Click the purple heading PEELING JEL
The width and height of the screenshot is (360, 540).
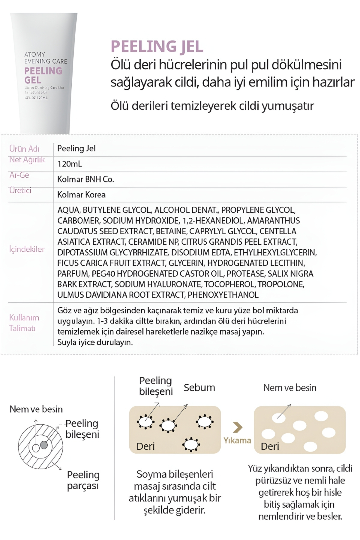(157, 46)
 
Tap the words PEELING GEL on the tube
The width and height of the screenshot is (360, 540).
(43, 75)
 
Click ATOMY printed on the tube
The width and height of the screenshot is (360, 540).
(35, 54)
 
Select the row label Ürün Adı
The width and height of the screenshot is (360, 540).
(24, 149)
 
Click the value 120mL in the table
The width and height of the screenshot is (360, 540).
(70, 164)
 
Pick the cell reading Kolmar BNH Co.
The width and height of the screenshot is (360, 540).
(85, 179)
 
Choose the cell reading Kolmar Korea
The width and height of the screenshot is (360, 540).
(81, 195)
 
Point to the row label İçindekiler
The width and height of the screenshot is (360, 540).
(27, 249)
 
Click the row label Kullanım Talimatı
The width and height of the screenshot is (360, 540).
(24, 323)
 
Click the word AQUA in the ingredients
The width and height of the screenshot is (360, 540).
(68, 210)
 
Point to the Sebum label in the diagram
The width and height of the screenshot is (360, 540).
(199, 388)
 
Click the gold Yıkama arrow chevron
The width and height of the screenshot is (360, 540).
(238, 427)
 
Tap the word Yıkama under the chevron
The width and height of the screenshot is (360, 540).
(237, 440)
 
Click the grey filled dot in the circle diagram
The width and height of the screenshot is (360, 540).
(44, 445)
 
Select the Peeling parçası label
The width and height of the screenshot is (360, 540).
(83, 480)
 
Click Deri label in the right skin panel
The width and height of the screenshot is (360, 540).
(270, 446)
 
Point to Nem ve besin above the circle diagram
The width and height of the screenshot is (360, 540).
(36, 409)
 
